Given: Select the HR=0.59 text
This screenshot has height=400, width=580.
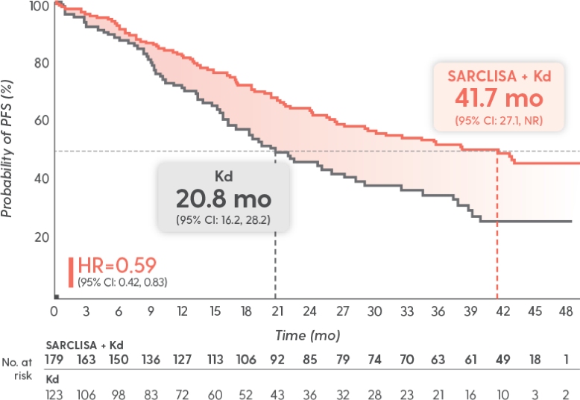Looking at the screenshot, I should pos(116,266).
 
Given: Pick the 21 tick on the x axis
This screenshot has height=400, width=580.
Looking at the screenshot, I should pos(277,310).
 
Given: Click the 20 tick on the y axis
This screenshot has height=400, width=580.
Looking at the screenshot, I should pos(41,237).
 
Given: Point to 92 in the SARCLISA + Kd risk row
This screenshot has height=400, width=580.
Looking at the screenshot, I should pos(277,360).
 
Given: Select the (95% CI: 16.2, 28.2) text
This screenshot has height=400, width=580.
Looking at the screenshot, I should pos(224,220).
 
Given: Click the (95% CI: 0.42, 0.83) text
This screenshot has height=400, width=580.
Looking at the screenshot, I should pos(122,281).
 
